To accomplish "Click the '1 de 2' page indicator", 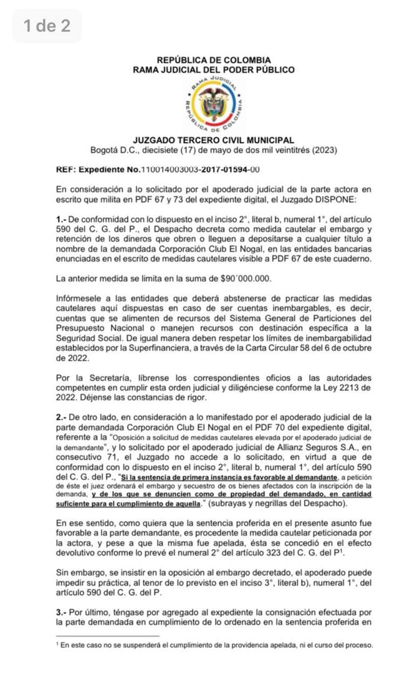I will point(47,26).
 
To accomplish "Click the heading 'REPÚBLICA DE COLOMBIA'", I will point(214,60).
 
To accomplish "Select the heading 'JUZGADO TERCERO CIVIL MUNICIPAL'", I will point(214,141).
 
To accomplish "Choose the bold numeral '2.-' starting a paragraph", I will point(62,416).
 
